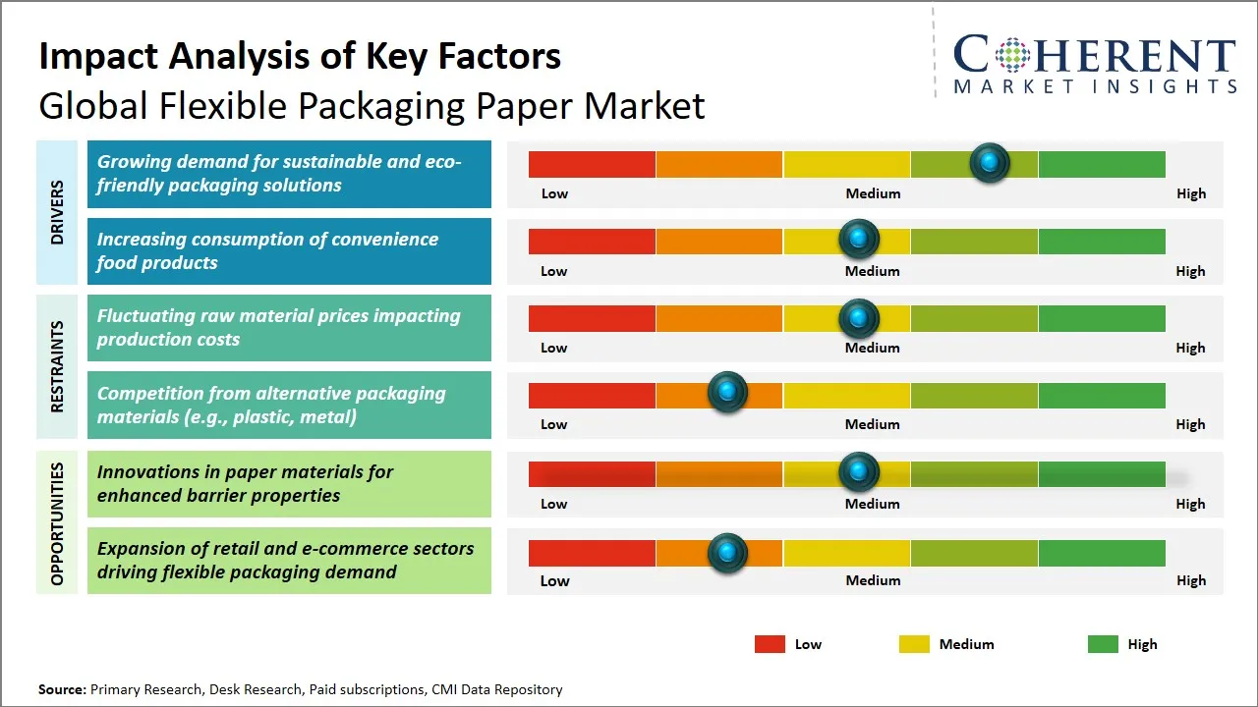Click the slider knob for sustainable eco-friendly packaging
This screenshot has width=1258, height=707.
990,162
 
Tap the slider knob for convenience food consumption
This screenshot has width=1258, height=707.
859,239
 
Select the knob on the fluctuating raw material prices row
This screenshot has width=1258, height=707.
859,317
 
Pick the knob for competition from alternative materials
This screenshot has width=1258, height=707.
727,393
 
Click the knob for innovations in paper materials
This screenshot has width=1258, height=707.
859,472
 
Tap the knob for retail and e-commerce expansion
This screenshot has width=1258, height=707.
727,553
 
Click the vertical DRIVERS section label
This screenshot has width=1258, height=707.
57,212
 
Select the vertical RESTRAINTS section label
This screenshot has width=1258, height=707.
57,366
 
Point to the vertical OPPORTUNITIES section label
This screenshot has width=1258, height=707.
57,523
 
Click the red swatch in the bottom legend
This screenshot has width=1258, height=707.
770,644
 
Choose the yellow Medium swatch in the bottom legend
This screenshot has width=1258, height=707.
914,644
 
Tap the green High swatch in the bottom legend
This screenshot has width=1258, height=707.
1103,644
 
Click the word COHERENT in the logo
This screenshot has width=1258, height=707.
1095,56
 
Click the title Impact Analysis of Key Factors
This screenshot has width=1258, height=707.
300,56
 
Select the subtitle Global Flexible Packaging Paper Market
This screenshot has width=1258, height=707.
372,106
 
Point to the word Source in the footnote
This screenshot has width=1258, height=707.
61,689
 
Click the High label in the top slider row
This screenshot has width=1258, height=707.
1190,193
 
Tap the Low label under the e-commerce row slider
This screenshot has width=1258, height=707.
554,580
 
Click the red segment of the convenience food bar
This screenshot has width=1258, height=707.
592,241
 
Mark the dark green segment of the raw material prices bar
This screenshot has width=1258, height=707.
1101,318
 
